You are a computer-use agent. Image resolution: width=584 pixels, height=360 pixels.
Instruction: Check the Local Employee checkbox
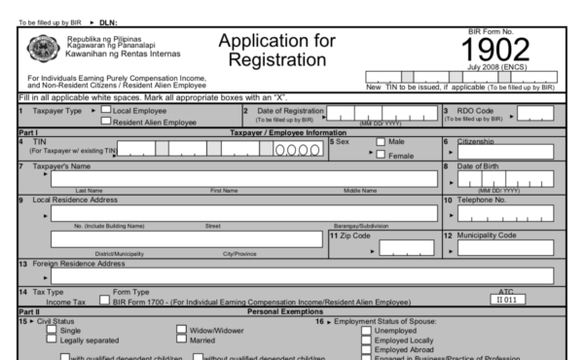(107, 111)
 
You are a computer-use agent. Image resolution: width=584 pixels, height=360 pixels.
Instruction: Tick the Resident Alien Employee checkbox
(107, 122)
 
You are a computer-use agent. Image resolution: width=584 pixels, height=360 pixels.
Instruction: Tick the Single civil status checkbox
(51, 330)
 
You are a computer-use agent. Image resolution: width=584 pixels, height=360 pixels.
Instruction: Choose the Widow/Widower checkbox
(180, 330)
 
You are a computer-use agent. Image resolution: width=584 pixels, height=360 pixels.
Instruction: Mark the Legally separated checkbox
(51, 340)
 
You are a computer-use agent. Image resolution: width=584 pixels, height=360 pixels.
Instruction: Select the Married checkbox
(180, 340)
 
